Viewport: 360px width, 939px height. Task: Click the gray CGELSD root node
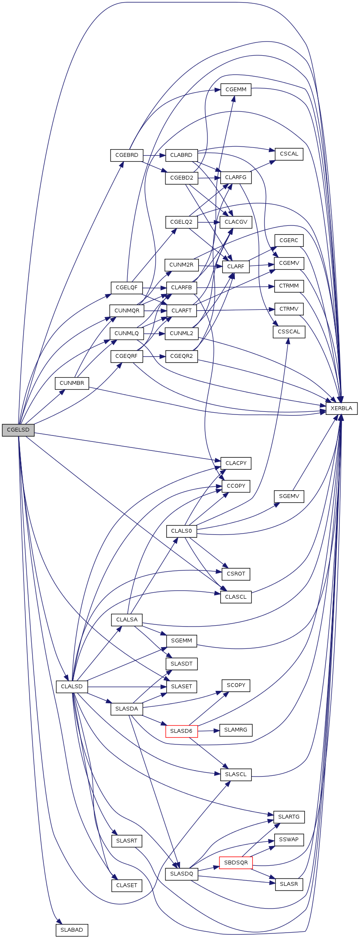(x=18, y=430)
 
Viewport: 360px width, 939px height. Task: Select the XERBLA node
(x=341, y=408)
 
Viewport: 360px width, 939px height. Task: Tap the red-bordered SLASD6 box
(x=181, y=731)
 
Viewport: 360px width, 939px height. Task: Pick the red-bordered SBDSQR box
(x=236, y=862)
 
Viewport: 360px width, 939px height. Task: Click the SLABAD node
(x=72, y=930)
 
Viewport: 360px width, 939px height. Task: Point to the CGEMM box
(x=236, y=90)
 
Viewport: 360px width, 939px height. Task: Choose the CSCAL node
(x=289, y=154)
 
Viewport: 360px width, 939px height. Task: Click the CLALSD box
(x=72, y=686)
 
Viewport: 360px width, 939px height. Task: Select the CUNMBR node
(x=72, y=383)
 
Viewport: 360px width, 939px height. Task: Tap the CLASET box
(x=126, y=885)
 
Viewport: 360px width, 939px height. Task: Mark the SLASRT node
(x=126, y=840)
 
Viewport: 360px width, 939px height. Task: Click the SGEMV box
(x=289, y=496)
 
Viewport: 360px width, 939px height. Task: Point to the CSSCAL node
(x=289, y=332)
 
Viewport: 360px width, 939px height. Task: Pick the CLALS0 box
(x=181, y=531)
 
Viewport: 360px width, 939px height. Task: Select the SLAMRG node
(x=236, y=730)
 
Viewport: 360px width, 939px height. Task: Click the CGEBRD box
(x=126, y=155)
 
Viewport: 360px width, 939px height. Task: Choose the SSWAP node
(x=289, y=840)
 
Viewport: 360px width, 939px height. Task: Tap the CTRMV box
(x=289, y=309)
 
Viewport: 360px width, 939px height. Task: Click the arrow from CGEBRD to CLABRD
(x=154, y=155)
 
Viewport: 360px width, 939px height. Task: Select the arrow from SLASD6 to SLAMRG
(x=208, y=730)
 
